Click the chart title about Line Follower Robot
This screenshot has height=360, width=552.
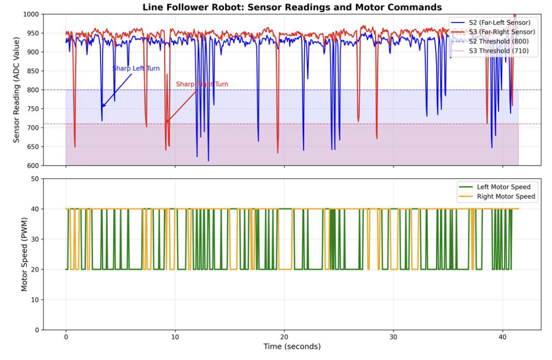coord(292,7)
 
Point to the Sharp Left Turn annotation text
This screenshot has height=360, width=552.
coord(136,68)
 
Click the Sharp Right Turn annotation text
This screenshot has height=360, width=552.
coord(202,84)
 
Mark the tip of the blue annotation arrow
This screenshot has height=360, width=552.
coord(102,107)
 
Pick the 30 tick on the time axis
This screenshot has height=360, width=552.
coord(393,337)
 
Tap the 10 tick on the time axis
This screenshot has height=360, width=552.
coord(175,337)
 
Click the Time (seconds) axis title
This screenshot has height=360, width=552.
coord(292,347)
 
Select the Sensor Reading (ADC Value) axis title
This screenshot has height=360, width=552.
coord(17,90)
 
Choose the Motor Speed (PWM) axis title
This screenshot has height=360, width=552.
coord(24,254)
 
